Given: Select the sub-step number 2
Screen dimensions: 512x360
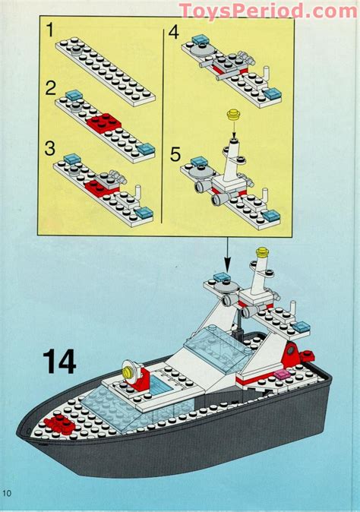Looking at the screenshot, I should (50, 87).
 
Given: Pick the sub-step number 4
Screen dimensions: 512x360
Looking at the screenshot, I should (173, 33).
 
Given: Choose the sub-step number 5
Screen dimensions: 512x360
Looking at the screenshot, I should (175, 156).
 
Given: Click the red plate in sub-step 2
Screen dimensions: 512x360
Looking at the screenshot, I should (100, 120).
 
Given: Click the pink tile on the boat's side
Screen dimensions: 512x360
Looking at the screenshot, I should (281, 373).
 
